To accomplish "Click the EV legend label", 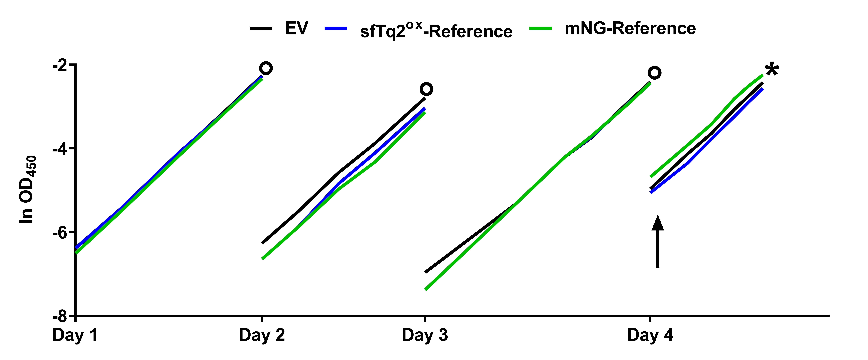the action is pos(297,28).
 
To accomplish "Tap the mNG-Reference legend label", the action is pos(630,28).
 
